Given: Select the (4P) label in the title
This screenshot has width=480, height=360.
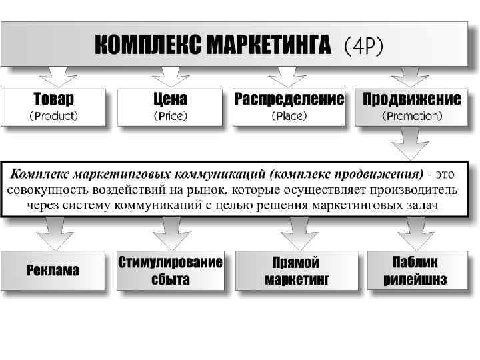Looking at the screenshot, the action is tap(363, 46).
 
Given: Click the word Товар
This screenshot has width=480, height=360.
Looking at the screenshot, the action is tap(54, 99).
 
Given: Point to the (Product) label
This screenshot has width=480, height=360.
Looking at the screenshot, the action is tap(54, 115).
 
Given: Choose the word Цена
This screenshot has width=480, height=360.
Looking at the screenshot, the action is tap(170, 99).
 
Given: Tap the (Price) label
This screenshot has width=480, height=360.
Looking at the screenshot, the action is tap(170, 115).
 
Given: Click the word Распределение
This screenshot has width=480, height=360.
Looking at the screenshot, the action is tap(289, 99).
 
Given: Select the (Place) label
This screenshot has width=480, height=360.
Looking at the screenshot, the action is tap(289, 115).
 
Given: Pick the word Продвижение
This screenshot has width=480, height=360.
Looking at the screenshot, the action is tap(411, 99).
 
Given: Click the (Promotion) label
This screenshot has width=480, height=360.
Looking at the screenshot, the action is tap(411, 115).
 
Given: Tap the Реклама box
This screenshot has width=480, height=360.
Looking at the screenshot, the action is tap(53, 270).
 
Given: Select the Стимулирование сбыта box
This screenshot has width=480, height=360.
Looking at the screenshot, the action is tap(170, 270).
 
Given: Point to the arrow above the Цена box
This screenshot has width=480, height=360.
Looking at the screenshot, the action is tap(172, 76).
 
